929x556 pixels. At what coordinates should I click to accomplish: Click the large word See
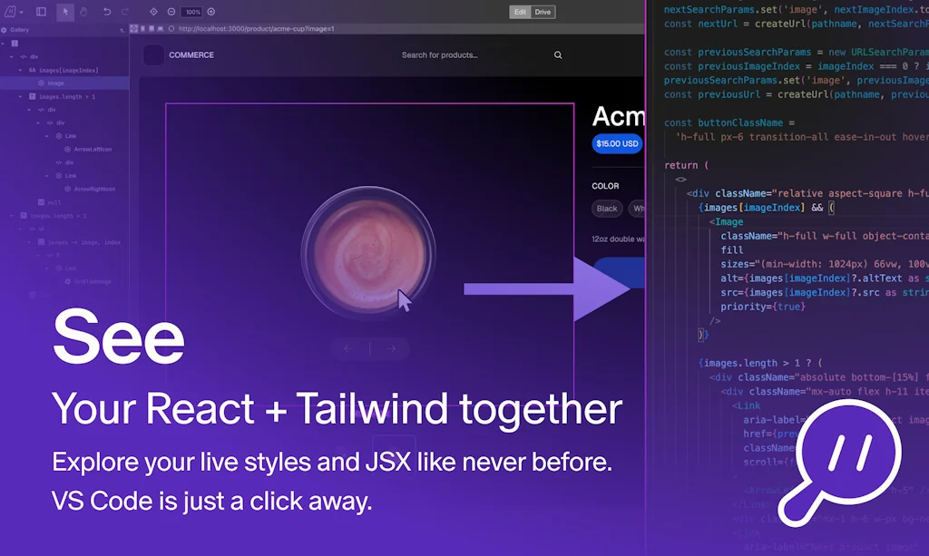pos(118,337)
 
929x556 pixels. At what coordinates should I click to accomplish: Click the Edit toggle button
pos(520,12)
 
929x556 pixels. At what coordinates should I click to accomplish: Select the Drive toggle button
pos(543,12)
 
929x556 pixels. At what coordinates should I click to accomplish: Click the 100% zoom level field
pos(191,12)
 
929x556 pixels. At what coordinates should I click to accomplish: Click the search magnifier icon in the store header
pos(558,55)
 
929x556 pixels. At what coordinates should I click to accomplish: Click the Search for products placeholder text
pos(439,55)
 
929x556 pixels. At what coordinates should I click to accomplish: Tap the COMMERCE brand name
pos(191,55)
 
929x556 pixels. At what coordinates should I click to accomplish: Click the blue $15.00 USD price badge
pos(617,143)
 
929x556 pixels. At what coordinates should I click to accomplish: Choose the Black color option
pos(607,209)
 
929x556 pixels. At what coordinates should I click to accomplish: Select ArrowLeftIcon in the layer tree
pos(93,149)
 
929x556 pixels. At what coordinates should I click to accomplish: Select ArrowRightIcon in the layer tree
pos(94,189)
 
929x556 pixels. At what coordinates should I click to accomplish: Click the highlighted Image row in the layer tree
pos(55,83)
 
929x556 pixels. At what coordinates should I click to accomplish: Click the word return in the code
pos(680,165)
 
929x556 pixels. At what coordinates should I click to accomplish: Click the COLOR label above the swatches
pos(605,186)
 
